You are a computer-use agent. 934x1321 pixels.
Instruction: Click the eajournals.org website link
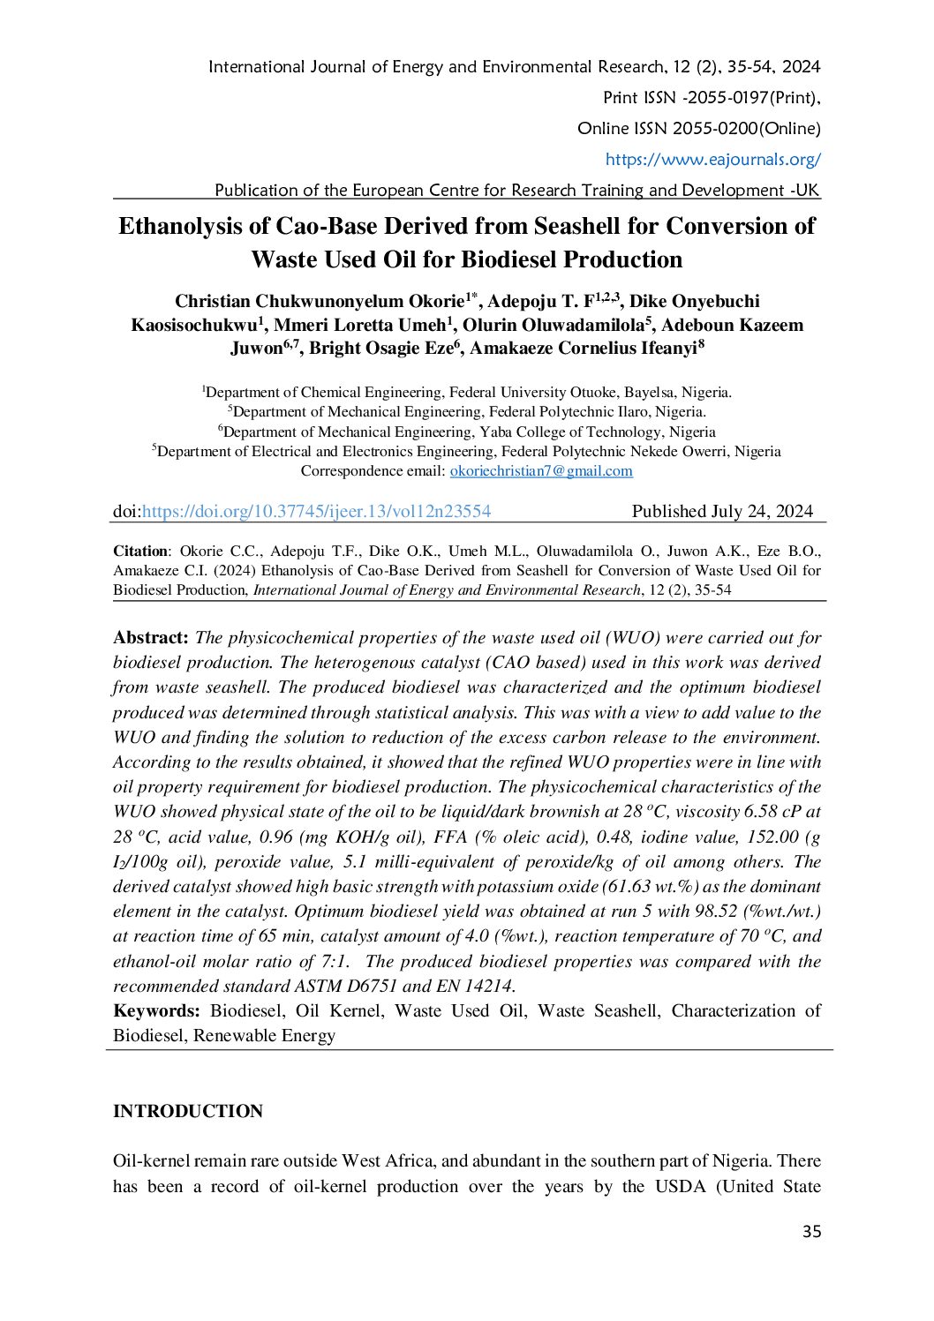712,160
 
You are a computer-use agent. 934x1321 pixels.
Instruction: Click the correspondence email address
541,471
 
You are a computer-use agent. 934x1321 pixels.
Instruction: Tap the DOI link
316,511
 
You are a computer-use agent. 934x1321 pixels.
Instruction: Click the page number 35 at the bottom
811,1232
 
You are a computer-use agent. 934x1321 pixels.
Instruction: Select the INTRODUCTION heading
188,1111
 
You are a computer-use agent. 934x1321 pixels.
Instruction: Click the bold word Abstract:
151,637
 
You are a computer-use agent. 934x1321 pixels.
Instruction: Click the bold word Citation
140,551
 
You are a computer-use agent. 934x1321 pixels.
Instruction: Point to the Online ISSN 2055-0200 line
698,129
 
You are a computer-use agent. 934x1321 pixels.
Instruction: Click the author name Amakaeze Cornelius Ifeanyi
584,348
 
